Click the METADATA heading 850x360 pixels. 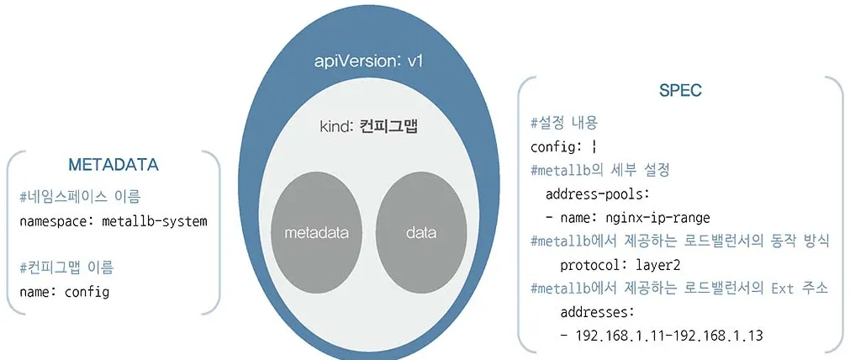coord(114,163)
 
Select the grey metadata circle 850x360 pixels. coord(316,231)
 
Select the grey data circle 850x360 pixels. coord(420,231)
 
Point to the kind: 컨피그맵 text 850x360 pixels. coord(368,127)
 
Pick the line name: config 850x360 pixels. coord(64,293)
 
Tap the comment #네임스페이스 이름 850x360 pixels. coord(79,198)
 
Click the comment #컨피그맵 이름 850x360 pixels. coord(66,268)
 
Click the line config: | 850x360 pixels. coord(563,146)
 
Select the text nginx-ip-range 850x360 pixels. coord(657,218)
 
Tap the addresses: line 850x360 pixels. coord(597,312)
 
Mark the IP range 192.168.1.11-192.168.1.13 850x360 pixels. coord(668,336)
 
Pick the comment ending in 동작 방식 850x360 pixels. coord(680,241)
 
